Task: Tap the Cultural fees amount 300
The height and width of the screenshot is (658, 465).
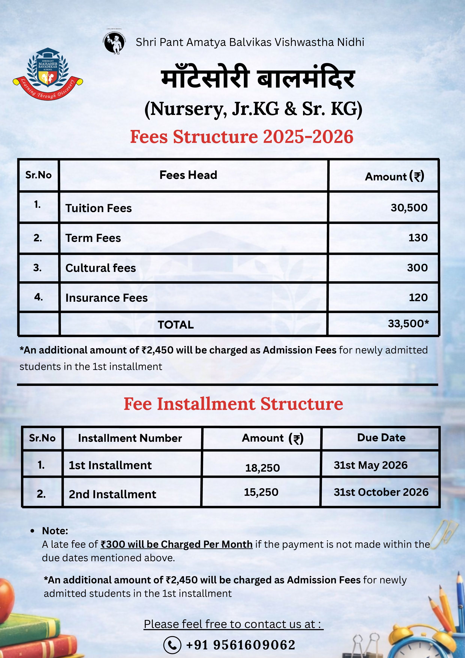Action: point(417,268)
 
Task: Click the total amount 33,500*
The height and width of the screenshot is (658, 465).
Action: point(408,323)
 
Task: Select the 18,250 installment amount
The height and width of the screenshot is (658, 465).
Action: point(262,468)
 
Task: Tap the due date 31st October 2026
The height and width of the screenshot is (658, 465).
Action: point(381,492)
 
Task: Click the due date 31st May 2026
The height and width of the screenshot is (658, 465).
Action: point(371,465)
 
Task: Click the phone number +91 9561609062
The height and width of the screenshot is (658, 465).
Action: point(241,645)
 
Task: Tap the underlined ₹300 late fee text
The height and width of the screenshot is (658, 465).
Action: point(176,544)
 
